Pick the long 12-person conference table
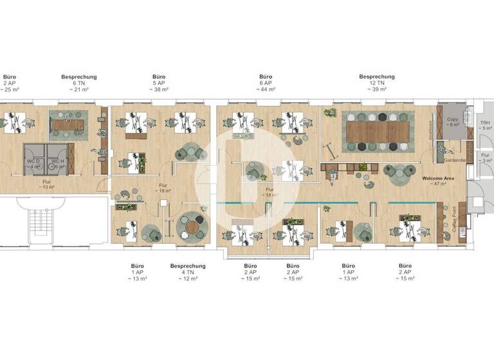378,132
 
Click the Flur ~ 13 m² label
46,185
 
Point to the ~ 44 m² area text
266,90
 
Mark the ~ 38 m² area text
159,90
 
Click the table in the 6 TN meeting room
69,123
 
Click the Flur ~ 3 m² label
486,157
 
